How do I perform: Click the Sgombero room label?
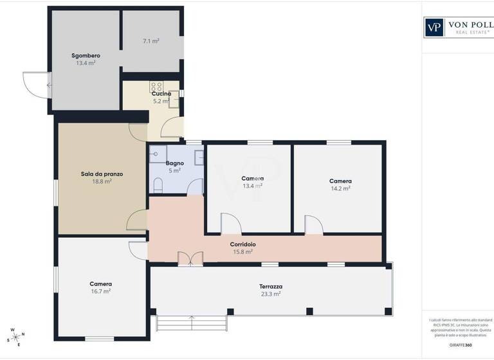[x=86, y=55]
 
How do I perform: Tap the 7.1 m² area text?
[x=151, y=41]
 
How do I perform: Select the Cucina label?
[x=161, y=94]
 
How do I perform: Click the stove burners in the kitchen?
[x=156, y=85]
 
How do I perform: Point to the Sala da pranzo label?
[x=102, y=174]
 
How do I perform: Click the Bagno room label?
[x=175, y=163]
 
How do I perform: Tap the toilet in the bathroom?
[x=158, y=185]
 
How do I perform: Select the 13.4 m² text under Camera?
[x=253, y=186]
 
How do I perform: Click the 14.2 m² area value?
[x=340, y=188]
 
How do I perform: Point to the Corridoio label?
[x=243, y=244]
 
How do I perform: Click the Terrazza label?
[x=271, y=286]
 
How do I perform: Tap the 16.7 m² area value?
[x=101, y=291]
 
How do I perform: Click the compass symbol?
[x=16, y=337]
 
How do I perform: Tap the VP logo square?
[x=434, y=28]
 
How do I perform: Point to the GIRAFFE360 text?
[x=460, y=345]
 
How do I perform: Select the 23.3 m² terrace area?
[x=271, y=294]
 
